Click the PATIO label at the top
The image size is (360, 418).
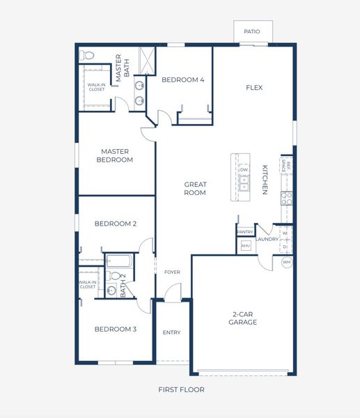252,31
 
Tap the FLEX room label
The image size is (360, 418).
253,88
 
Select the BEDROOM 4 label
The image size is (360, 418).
182,80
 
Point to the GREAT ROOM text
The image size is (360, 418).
195,189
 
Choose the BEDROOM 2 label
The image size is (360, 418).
115,224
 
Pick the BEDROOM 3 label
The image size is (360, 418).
115,329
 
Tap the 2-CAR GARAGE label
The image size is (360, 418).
244,318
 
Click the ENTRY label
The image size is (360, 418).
171,332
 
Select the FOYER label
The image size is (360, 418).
171,272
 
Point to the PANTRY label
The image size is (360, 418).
244,231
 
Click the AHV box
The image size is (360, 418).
244,246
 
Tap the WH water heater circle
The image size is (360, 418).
286,263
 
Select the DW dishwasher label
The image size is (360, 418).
244,170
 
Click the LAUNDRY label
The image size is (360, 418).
267,240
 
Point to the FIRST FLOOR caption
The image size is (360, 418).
181,389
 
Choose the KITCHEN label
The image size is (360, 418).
265,180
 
